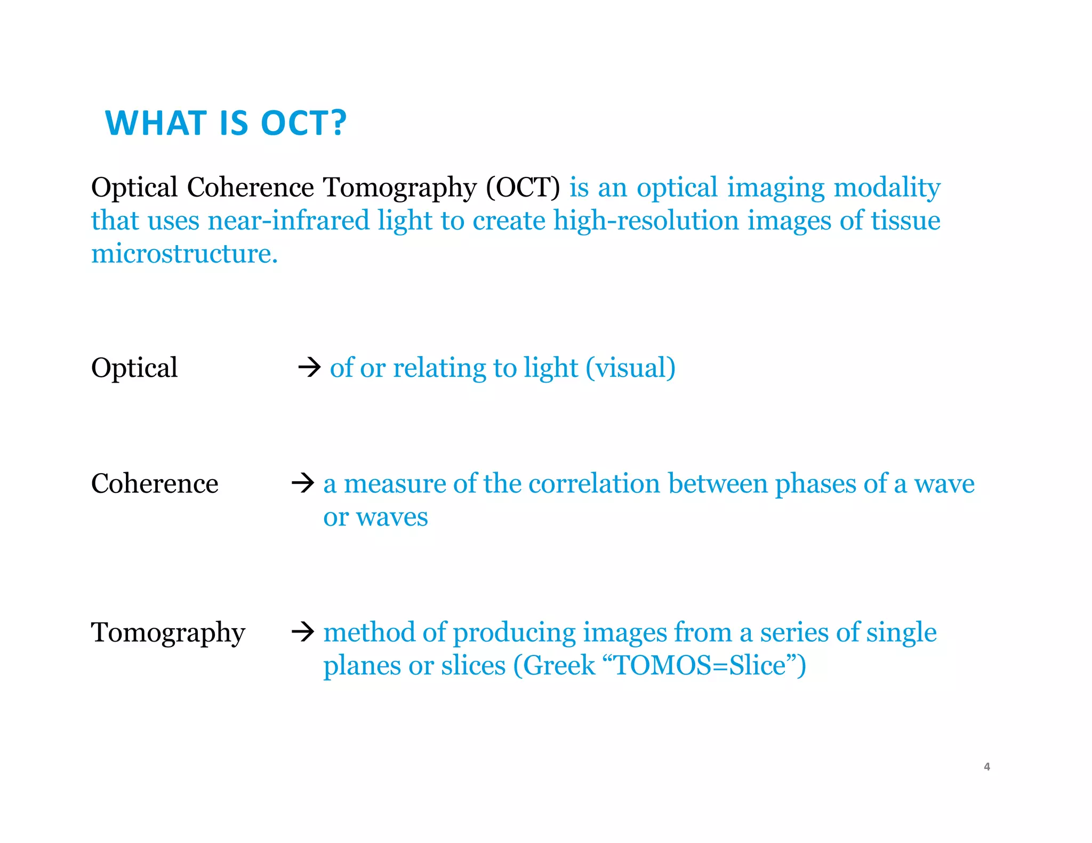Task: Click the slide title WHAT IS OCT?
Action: point(226,123)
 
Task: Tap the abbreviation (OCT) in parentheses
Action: point(523,188)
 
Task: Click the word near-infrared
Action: point(288,221)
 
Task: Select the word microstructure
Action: point(184,254)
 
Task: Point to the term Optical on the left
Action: point(134,368)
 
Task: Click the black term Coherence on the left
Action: point(155,483)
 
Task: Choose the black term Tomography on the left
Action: point(168,633)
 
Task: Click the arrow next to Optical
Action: point(309,367)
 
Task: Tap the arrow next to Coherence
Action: point(303,483)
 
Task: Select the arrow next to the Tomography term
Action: point(303,632)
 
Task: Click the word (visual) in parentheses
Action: point(630,368)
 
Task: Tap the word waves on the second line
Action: point(392,517)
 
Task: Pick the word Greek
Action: point(559,665)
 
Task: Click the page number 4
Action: point(987,767)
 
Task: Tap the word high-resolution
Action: point(646,221)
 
